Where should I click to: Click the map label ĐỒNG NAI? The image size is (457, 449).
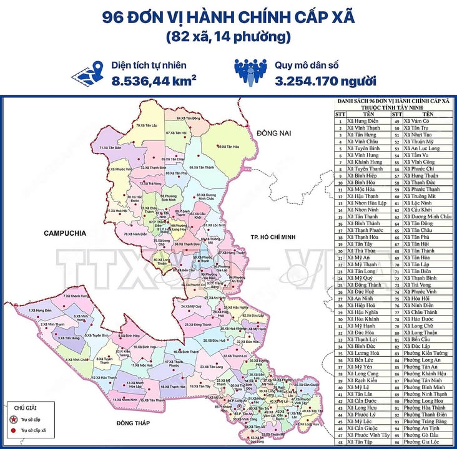tap(273, 133)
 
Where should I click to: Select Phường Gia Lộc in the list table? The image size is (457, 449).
tap(422, 443)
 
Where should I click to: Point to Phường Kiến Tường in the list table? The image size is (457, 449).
tap(426, 352)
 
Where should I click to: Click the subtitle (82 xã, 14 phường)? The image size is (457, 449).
tap(228, 37)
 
